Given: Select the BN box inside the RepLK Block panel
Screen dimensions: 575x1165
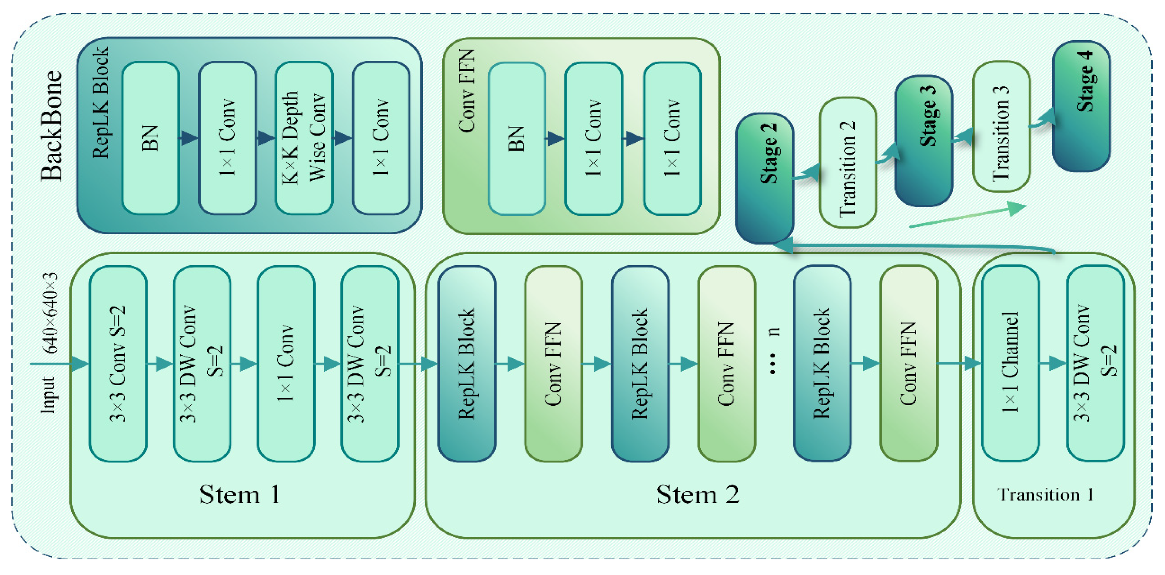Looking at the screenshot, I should pyautogui.click(x=151, y=138).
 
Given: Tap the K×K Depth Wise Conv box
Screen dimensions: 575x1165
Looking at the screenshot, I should pyautogui.click(x=304, y=138).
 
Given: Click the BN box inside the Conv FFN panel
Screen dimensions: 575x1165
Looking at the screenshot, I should pyautogui.click(x=516, y=138).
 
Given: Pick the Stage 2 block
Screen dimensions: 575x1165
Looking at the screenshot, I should pyautogui.click(x=764, y=179).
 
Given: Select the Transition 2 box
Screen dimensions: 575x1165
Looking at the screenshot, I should pyautogui.click(x=848, y=163).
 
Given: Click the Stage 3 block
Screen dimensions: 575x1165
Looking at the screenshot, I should pyautogui.click(x=924, y=141).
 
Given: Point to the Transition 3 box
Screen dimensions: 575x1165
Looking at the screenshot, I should pyautogui.click(x=1001, y=127).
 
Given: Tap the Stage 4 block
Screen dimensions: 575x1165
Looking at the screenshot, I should pyautogui.click(x=1081, y=106).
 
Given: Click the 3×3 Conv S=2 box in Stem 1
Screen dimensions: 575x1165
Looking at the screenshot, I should pyautogui.click(x=118, y=364).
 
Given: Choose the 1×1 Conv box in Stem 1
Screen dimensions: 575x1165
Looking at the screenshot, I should pyautogui.click(x=286, y=364).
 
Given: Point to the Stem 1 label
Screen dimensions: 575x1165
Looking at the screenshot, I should pyautogui.click(x=240, y=495).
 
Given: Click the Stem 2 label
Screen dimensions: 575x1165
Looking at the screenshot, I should pyautogui.click(x=697, y=495).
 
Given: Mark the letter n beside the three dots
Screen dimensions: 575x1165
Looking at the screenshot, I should pyautogui.click(x=775, y=331).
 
